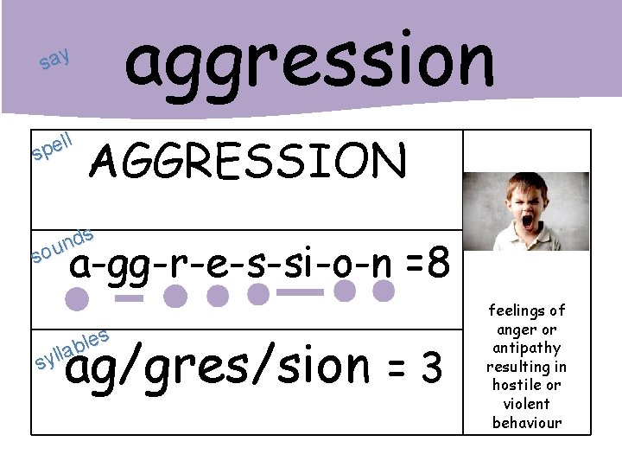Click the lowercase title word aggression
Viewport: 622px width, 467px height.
309,61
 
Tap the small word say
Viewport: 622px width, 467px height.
54,61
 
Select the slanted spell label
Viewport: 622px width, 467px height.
52,146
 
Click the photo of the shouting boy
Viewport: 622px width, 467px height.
524,211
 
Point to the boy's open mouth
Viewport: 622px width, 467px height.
527,221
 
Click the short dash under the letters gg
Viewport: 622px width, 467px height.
129,299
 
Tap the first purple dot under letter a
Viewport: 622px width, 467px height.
78,300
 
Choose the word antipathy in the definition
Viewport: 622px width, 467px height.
526,348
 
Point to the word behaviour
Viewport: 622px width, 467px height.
526,423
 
